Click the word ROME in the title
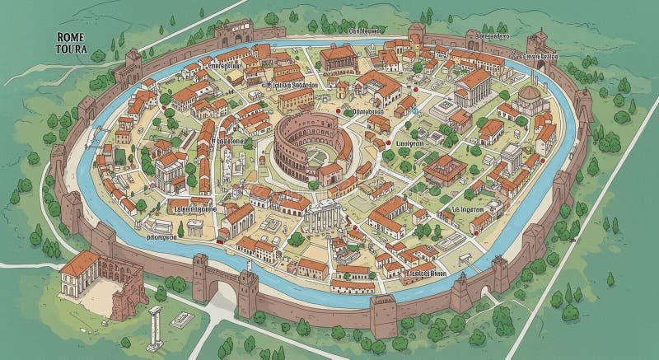[x=72, y=36]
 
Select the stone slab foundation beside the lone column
[x=181, y=320]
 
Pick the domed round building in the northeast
[x=530, y=98]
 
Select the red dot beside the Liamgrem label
[x=387, y=143]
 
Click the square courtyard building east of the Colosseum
[x=445, y=169]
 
